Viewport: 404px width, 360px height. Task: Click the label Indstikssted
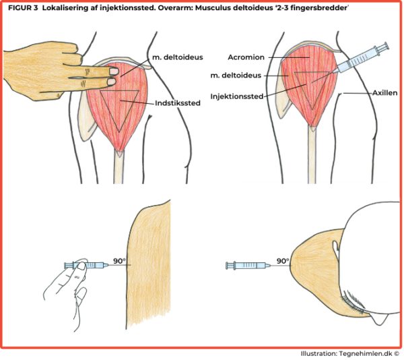[178, 103]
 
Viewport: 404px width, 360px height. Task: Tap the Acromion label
[246, 57]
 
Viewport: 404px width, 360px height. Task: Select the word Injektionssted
[237, 96]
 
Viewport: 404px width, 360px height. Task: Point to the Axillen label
[385, 93]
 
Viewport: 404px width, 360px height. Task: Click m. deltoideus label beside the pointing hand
[178, 57]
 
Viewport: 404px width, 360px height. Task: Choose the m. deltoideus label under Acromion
[236, 76]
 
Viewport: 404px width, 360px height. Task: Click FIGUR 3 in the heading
[23, 8]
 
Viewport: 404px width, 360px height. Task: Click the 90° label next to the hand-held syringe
[119, 261]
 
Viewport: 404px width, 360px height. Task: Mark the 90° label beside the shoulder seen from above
[283, 261]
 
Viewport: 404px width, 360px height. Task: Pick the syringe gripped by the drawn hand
[86, 265]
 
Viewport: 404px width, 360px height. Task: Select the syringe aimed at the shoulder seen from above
[248, 266]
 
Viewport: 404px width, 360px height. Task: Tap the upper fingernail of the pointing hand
[114, 71]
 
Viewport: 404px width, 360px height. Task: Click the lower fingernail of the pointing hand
[111, 82]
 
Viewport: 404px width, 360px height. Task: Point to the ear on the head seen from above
[336, 249]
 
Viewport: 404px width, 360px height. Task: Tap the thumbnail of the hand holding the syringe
[81, 266]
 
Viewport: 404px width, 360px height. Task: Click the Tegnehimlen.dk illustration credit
[351, 353]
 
